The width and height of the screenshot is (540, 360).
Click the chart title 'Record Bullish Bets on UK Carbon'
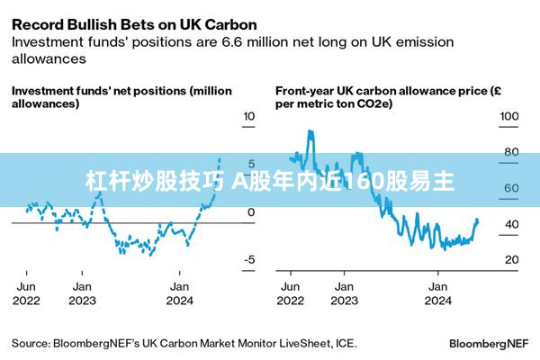[x=134, y=24]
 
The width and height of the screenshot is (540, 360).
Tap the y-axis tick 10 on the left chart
[x=249, y=116]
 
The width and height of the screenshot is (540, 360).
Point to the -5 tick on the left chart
[x=249, y=260]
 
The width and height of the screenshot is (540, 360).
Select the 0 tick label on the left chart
[x=251, y=212]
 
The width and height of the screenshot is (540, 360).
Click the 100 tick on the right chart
[x=509, y=116]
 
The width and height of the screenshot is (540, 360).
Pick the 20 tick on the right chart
[x=510, y=260]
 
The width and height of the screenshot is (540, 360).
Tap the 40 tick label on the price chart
[x=510, y=224]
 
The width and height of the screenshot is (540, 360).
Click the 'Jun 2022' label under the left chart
[x=25, y=292]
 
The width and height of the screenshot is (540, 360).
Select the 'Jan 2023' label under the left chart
[x=82, y=292]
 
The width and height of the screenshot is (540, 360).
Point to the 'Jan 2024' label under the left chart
[x=180, y=292]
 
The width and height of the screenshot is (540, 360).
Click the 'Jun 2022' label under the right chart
[x=291, y=292]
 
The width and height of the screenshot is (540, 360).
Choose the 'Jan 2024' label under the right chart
[x=437, y=292]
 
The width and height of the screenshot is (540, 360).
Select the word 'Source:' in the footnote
[x=31, y=343]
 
